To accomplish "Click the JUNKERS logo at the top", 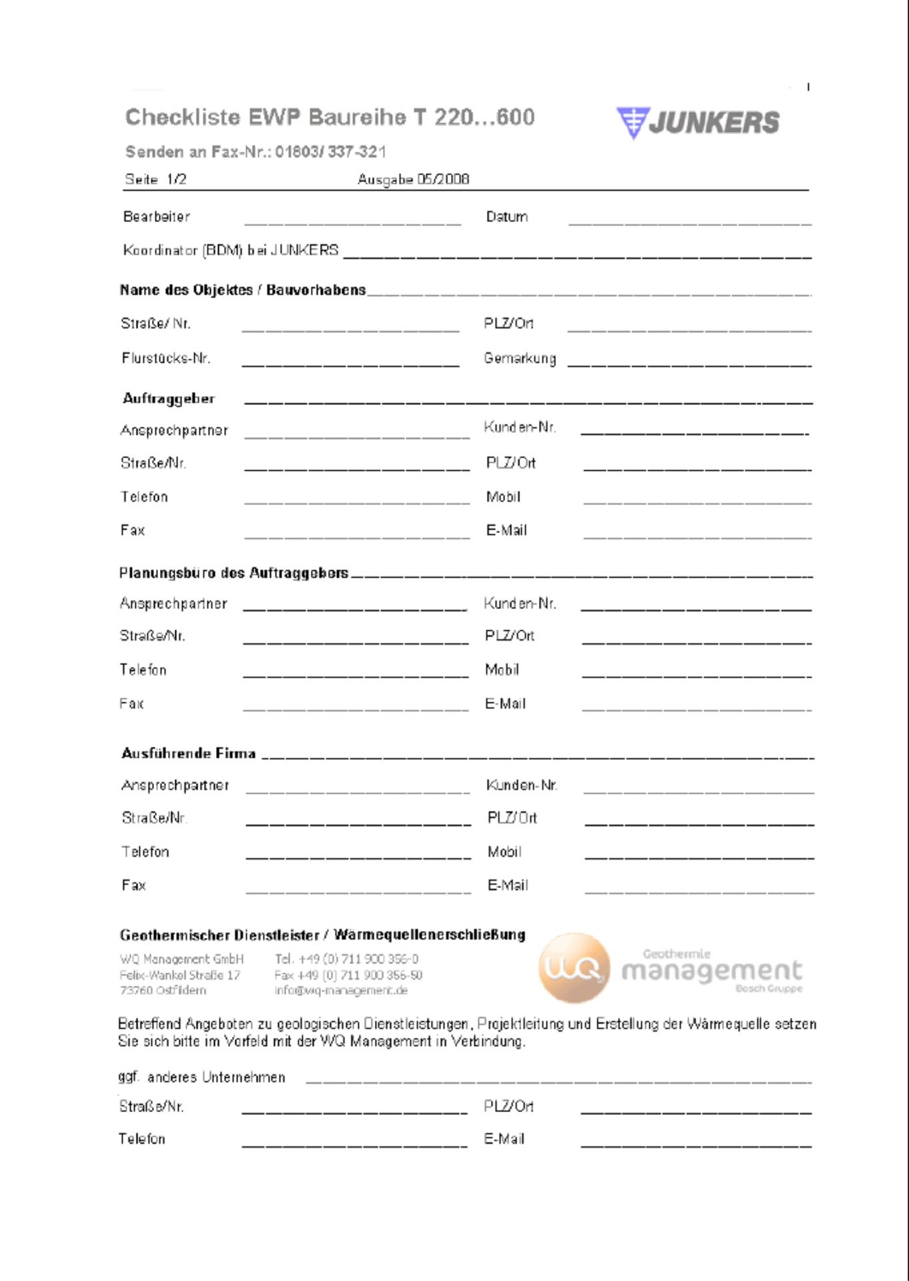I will (698, 123).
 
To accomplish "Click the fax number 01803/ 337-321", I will (331, 152).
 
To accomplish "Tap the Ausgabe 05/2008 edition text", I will (413, 179).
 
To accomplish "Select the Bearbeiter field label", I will (157, 217).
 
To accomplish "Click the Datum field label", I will (507, 217).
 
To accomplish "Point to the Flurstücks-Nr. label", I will (166, 358).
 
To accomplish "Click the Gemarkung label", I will (520, 358).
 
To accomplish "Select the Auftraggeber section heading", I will (169, 399).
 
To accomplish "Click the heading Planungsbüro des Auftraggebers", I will (234, 573).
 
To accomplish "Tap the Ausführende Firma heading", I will (189, 754).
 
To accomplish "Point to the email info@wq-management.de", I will (341, 991).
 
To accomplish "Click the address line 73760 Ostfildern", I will (163, 991).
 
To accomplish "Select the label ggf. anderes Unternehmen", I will (202, 1078).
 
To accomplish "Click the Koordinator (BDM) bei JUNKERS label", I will (231, 251).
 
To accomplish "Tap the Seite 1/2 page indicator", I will (156, 179).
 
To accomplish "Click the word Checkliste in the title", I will (183, 117).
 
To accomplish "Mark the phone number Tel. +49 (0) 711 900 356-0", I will (347, 959).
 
